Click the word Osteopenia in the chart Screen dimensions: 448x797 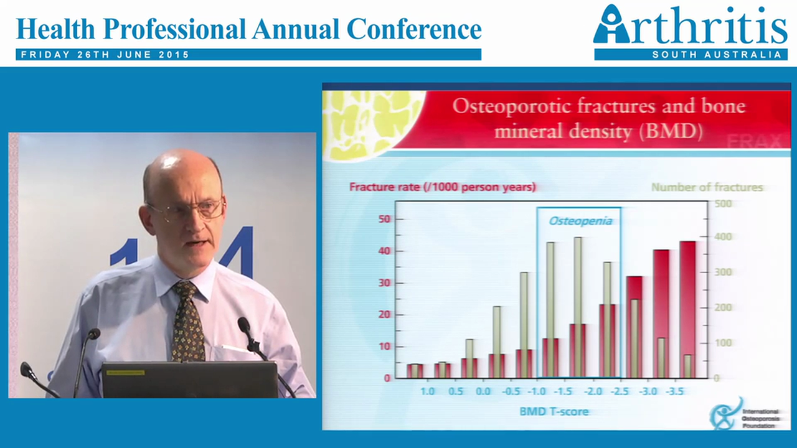click(x=580, y=221)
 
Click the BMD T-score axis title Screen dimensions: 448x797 click(x=554, y=411)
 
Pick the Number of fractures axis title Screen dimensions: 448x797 click(x=707, y=187)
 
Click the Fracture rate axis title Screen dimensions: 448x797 click(x=442, y=187)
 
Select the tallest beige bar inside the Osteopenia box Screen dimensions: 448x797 click(x=578, y=307)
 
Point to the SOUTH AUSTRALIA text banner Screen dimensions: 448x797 click(x=716, y=55)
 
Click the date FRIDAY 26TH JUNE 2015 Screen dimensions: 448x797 click(x=105, y=55)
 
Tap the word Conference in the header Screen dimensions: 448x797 click(x=414, y=29)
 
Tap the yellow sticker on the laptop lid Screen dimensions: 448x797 click(x=125, y=372)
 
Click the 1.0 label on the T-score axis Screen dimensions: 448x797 click(x=427, y=391)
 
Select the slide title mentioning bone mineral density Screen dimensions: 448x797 click(x=598, y=118)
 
